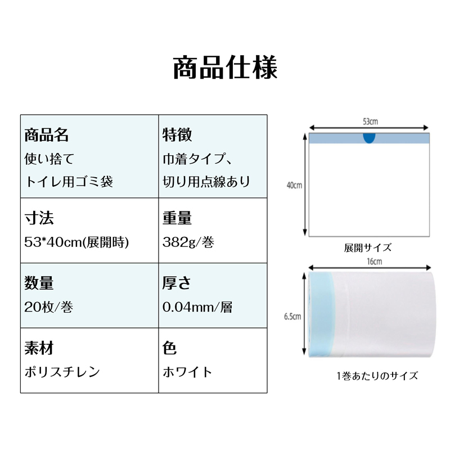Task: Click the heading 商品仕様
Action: pyautogui.click(x=225, y=68)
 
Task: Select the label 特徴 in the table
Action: pyautogui.click(x=177, y=135)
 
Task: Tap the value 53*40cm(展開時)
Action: pyautogui.click(x=76, y=242)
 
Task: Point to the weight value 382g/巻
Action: pyautogui.click(x=188, y=242)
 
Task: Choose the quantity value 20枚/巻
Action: pyautogui.click(x=51, y=307)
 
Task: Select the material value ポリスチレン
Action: pyautogui.click(x=62, y=372)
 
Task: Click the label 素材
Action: pyautogui.click(x=39, y=348)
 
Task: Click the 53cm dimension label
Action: pyautogui.click(x=370, y=121)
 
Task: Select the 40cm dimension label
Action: pyautogui.click(x=294, y=185)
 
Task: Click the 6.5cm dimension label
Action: pyautogui.click(x=292, y=316)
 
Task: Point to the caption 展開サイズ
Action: pyautogui.click(x=368, y=247)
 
